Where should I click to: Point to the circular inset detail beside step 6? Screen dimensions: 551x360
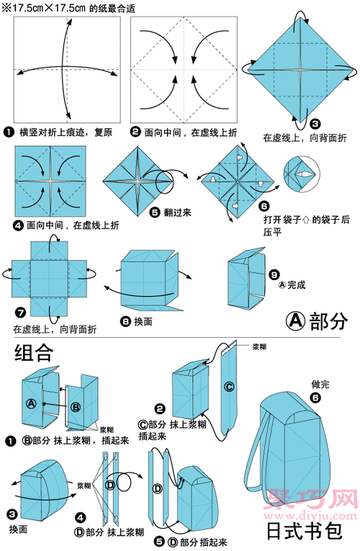[x=302, y=175]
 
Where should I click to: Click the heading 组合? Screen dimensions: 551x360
[x=33, y=353]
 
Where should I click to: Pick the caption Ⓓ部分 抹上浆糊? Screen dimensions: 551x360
[x=115, y=533]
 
